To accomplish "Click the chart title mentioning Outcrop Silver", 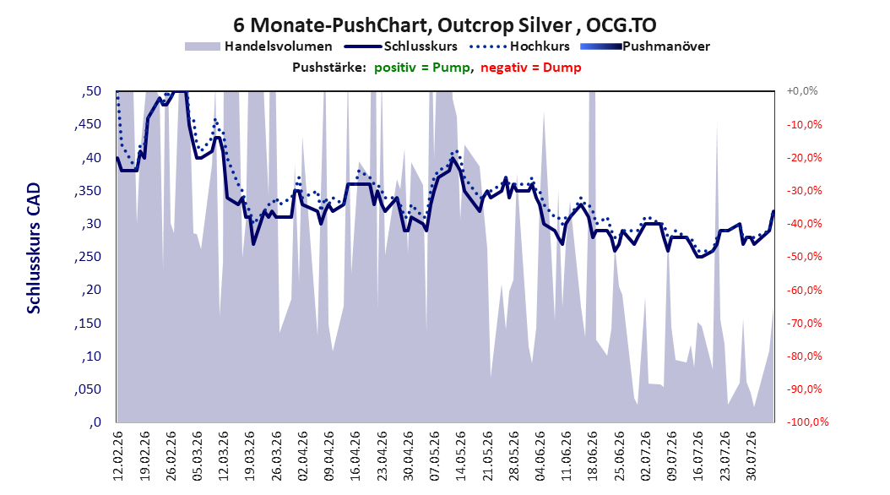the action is [x=445, y=25].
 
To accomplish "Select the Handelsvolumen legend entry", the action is [x=259, y=46].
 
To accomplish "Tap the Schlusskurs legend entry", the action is [x=401, y=46].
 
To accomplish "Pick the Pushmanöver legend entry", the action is [x=645, y=46].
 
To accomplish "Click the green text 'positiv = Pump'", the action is [x=422, y=68].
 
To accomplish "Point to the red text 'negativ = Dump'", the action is [x=531, y=68].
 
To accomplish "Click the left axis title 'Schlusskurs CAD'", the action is [x=34, y=248].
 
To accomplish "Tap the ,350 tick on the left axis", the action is [x=88, y=191].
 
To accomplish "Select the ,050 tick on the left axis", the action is [x=88, y=389].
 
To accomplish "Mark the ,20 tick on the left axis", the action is [x=91, y=290].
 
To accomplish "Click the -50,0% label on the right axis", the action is [x=804, y=257].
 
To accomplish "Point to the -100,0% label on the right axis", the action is [x=807, y=422].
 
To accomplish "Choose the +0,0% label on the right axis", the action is [x=802, y=91].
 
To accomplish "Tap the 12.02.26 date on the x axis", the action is [x=118, y=456].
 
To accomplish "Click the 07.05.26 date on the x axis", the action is [x=435, y=456].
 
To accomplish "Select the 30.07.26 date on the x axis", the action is [x=751, y=456].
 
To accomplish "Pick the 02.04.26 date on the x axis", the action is [x=303, y=456].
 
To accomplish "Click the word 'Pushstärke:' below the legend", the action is [x=329, y=68].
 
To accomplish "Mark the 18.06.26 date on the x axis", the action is [x=593, y=456].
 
